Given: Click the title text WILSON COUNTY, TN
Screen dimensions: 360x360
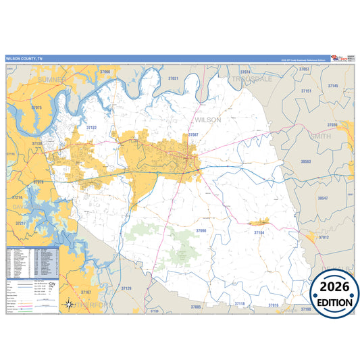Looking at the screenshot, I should [23, 59].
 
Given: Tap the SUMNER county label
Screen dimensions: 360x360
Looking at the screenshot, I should [53, 80].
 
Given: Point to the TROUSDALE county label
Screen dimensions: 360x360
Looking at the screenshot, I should [252, 79].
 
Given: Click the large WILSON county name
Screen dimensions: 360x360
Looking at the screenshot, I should [207, 120].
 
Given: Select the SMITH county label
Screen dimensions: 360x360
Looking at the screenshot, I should [320, 136].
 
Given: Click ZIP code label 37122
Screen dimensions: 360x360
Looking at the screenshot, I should [92, 127].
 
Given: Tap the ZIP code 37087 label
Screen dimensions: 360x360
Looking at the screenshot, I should [194, 135].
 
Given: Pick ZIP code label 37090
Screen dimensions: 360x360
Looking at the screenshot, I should [201, 231].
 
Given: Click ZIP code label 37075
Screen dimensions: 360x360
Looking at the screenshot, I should [36, 108].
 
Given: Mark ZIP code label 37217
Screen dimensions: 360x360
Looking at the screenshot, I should [21, 223].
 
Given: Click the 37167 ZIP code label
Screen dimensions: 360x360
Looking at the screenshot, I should [86, 291].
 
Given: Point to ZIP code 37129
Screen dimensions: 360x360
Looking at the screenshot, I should [126, 288].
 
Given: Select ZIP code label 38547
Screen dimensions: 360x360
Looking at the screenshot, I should [322, 198].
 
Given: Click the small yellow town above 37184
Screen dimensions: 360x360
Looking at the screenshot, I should [259, 222].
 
